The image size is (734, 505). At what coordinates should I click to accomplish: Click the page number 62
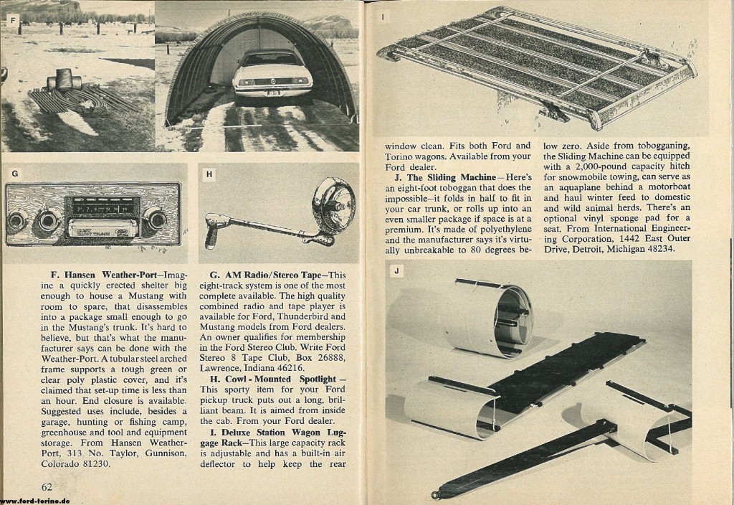pyautogui.click(x=49, y=488)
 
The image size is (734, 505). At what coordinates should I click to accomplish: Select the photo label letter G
pyautogui.click(x=14, y=173)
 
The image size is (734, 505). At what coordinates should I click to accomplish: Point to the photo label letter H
pyautogui.click(x=209, y=173)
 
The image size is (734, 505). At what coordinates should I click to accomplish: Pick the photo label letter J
pyautogui.click(x=397, y=271)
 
